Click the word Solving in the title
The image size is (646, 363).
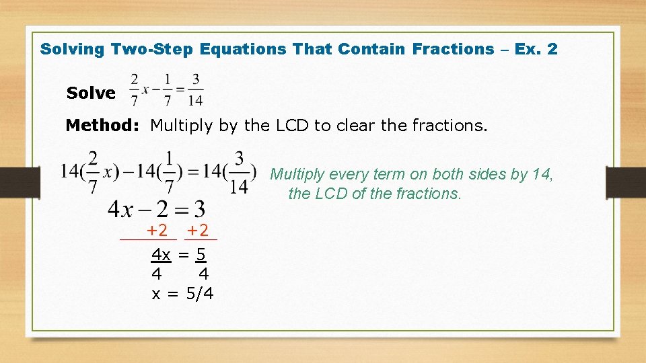[x=73, y=49]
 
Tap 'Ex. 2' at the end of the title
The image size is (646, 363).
[x=536, y=49]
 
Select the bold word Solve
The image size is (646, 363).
[x=91, y=93]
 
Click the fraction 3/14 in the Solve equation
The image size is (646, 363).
[x=195, y=89]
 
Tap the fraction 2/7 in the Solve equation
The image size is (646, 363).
[x=135, y=89]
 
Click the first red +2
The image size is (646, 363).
[x=157, y=231]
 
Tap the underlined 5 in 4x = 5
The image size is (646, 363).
[x=201, y=255]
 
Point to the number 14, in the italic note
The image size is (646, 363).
[x=542, y=175]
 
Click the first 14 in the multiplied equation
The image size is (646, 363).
[x=71, y=171]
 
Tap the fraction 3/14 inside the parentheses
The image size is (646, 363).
[x=239, y=172]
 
